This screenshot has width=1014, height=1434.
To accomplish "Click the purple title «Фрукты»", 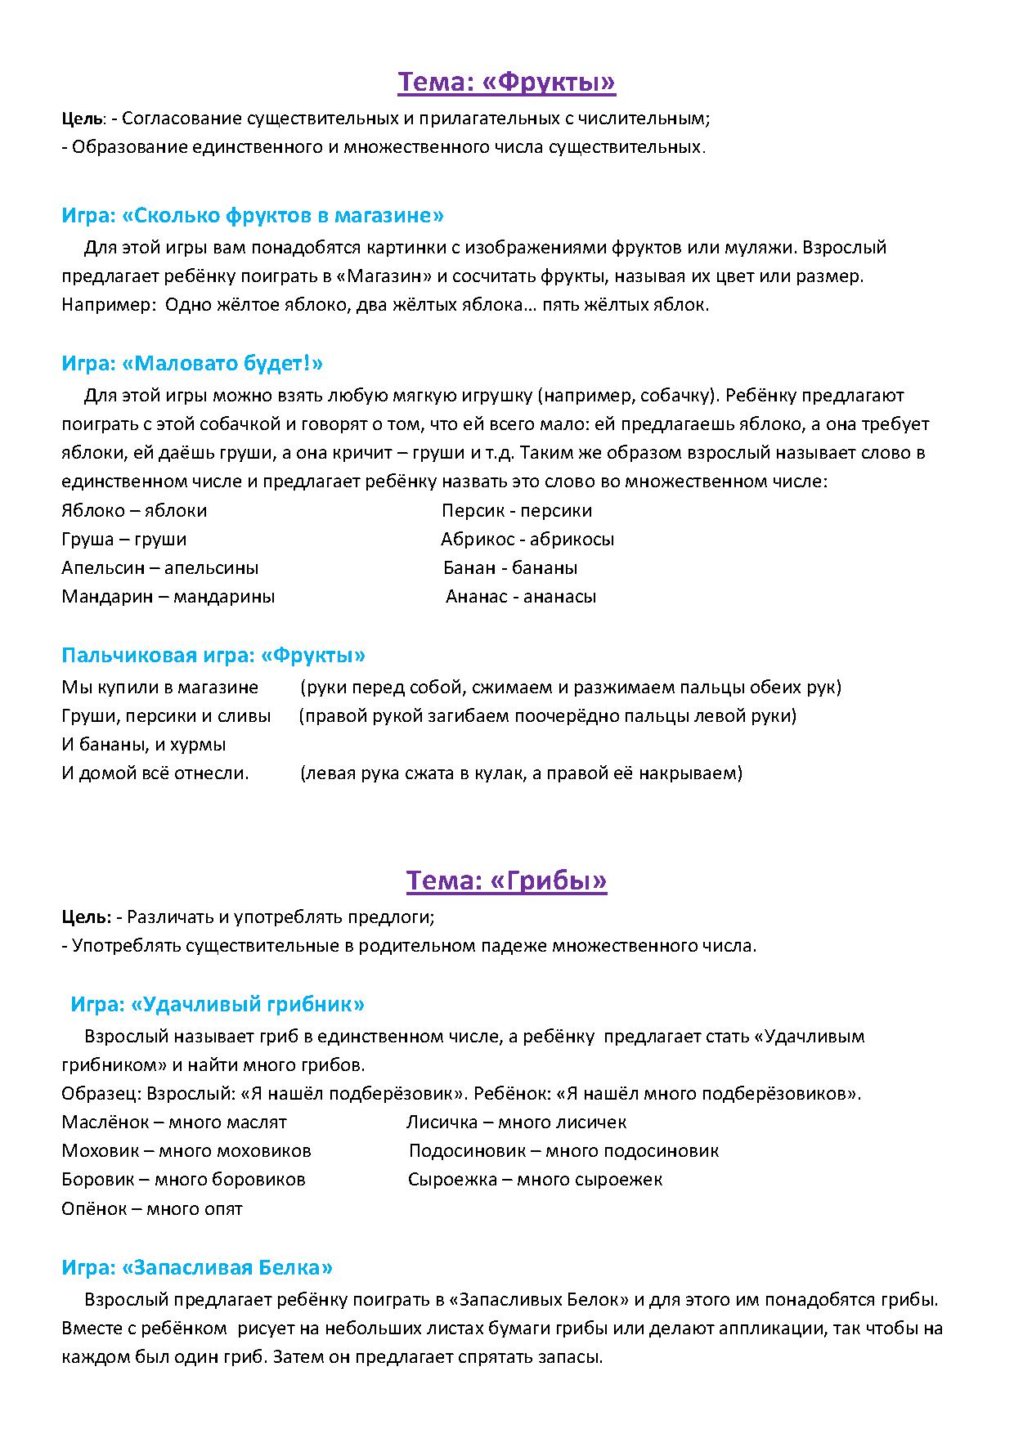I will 506,82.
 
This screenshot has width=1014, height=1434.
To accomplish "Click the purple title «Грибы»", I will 506,881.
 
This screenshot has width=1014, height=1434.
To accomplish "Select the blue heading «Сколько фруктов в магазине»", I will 253,216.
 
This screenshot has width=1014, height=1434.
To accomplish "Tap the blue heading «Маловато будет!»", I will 192,363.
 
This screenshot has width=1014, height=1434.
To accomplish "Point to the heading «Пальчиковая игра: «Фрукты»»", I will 213,655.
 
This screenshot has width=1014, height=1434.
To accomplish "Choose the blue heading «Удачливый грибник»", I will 218,1004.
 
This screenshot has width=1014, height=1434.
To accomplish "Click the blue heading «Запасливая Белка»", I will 197,1267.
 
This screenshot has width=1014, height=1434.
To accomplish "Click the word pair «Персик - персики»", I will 517,511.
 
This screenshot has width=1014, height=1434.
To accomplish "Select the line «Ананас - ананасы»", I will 521,597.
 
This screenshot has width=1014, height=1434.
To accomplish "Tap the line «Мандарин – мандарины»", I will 168,597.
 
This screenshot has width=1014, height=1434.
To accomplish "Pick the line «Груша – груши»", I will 124,540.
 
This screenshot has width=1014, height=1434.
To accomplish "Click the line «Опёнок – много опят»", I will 152,1208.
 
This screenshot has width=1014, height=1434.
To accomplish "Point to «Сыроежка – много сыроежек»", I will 535,1180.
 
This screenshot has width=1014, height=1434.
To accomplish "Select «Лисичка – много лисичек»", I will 517,1123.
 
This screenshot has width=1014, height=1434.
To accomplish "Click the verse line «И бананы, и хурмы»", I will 144,745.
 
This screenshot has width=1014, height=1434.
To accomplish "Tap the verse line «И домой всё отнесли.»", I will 155,773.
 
